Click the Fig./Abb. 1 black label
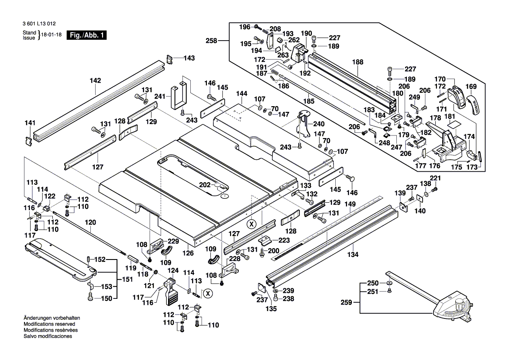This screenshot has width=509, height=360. [x=86, y=35]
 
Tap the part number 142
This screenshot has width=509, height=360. [x=95, y=80]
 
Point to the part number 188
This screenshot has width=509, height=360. [x=358, y=62]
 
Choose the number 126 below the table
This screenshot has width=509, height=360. [x=188, y=253]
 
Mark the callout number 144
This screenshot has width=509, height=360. [x=242, y=94]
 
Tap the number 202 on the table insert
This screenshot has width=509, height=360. [x=205, y=185]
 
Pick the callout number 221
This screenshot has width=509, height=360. [x=436, y=178]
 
